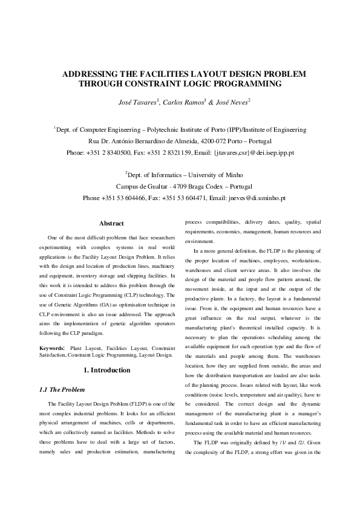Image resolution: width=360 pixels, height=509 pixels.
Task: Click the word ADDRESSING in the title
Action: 91,74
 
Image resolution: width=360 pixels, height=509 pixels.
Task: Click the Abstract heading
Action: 111,224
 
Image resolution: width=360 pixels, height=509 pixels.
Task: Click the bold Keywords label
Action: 52,349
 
